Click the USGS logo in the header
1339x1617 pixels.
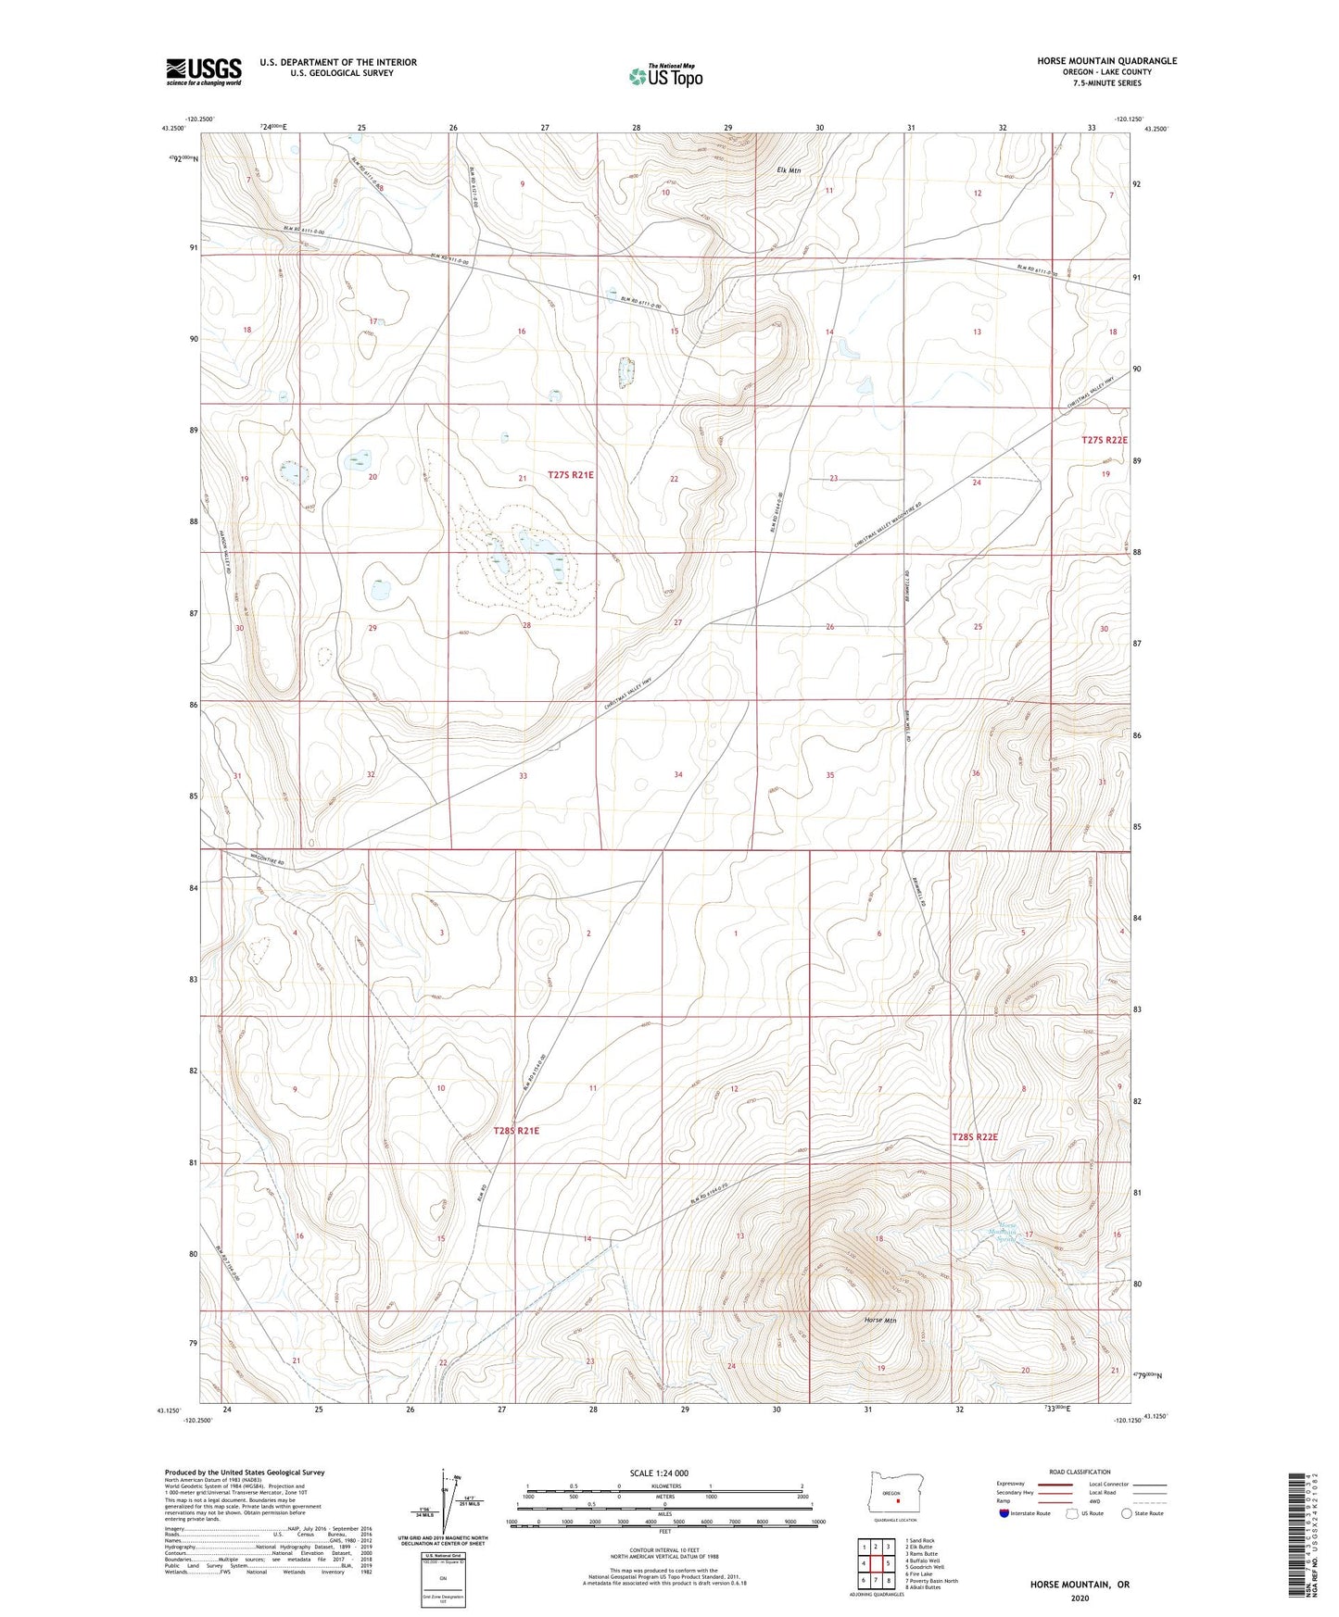204,70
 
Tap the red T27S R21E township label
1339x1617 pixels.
570,474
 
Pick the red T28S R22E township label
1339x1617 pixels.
975,1136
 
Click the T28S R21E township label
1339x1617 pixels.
516,1131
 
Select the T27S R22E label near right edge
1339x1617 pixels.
1104,440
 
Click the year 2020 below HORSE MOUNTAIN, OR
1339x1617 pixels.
1079,1598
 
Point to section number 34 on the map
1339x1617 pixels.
678,774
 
